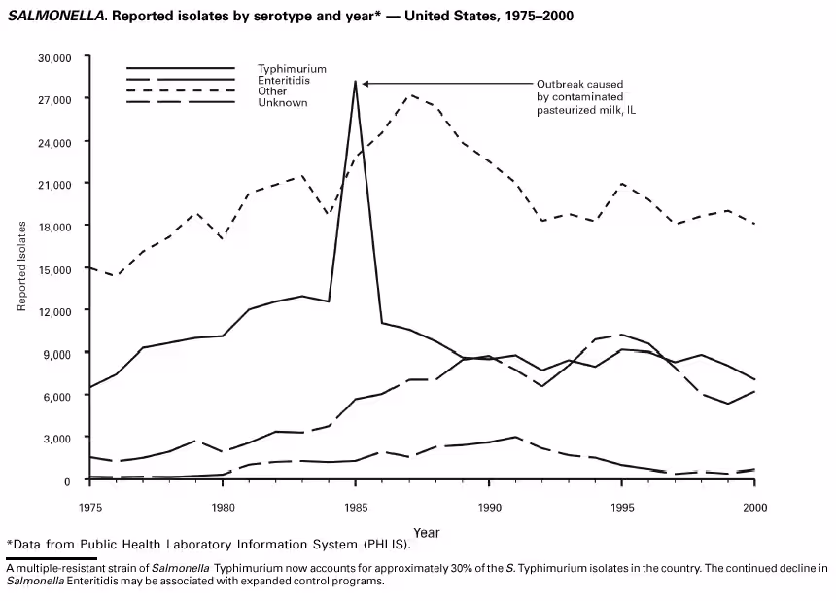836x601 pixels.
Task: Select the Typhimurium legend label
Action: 292,69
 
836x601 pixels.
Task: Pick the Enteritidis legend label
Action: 286,80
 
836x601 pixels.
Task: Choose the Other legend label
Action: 272,91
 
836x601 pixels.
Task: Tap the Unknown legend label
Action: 282,102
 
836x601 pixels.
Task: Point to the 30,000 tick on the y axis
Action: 54,57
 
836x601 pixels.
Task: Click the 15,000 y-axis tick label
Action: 54,268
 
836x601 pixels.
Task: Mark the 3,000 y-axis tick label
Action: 57,438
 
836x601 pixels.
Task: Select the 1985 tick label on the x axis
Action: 356,507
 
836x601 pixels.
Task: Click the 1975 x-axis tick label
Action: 89,507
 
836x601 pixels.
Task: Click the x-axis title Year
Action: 426,533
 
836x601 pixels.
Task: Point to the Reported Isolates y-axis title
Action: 21,266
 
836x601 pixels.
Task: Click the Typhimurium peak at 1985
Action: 356,81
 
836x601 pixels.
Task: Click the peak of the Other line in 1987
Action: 410,95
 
